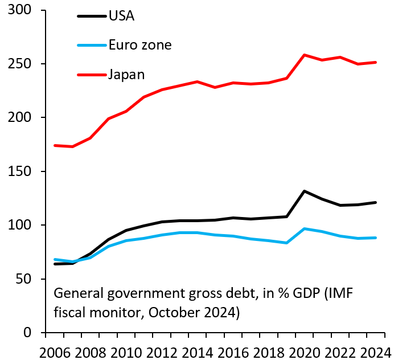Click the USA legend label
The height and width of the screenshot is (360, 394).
click(122, 15)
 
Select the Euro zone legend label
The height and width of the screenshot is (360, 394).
click(140, 45)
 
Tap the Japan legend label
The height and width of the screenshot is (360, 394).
click(127, 75)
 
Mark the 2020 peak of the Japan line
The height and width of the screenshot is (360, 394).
click(305, 55)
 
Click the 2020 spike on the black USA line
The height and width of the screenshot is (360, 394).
click(305, 191)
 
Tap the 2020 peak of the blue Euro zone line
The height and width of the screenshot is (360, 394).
click(305, 228)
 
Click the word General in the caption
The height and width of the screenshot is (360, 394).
click(75, 294)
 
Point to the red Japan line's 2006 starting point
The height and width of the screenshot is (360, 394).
click(55, 145)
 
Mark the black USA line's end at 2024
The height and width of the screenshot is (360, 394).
click(376, 202)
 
